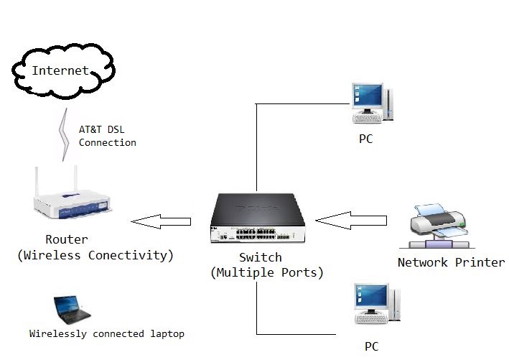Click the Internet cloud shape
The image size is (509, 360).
tap(62, 70)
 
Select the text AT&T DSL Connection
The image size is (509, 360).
tap(107, 137)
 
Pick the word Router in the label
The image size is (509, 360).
tap(66, 240)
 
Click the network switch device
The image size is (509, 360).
tap(263, 220)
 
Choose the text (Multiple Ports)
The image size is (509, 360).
tap(266, 273)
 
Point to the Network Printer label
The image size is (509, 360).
tap(451, 262)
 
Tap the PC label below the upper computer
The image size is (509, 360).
tap(366, 139)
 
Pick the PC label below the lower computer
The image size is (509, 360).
tap(371, 346)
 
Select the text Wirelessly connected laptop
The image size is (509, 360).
tap(107, 334)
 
